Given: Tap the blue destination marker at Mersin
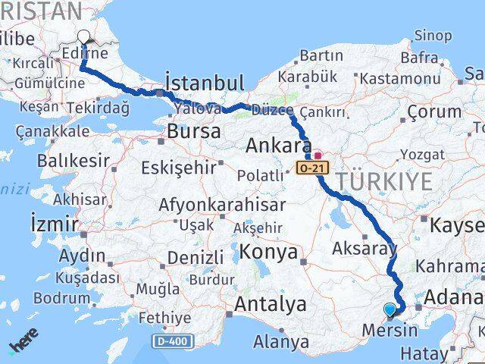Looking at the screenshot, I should pyautogui.click(x=390, y=309).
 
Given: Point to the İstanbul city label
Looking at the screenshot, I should pyautogui.click(x=205, y=83).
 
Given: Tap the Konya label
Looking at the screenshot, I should pyautogui.click(x=268, y=253).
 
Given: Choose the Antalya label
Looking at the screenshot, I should pyautogui.click(x=271, y=305).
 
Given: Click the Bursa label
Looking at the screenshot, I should pyautogui.click(x=194, y=131).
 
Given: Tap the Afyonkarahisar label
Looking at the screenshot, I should pyautogui.click(x=222, y=205).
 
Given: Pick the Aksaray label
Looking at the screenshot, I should pyautogui.click(x=365, y=248).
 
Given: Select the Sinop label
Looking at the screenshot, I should pyautogui.click(x=433, y=35).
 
